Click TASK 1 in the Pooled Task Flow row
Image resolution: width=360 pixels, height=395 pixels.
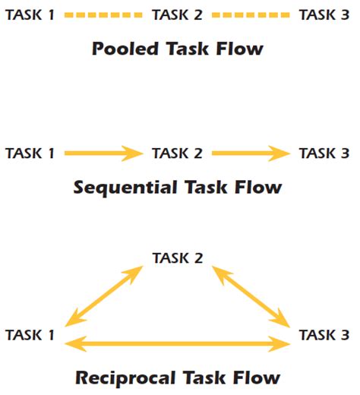[x=30, y=14]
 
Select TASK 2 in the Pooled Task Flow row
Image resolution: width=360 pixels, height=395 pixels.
[x=177, y=14]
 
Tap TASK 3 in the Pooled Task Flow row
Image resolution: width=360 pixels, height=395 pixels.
[x=324, y=14]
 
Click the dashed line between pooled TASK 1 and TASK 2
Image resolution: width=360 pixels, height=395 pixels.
[x=103, y=14]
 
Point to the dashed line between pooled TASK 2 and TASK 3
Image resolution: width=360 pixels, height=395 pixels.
[x=251, y=14]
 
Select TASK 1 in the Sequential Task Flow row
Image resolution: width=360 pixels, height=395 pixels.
[x=30, y=153]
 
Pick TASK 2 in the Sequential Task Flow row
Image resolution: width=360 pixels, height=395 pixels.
[x=177, y=153]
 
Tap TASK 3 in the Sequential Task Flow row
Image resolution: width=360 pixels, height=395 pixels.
[x=324, y=153]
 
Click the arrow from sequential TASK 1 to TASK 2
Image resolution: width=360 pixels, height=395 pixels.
[x=103, y=153]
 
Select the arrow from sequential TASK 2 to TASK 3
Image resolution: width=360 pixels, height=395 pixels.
[x=251, y=153]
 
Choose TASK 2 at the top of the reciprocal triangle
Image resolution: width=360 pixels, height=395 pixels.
[x=178, y=258]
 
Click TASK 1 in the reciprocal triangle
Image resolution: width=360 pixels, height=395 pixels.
[x=30, y=334]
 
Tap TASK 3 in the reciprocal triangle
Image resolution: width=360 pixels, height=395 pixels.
[x=324, y=334]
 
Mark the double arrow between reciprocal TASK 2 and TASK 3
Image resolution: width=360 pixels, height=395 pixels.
[x=251, y=295]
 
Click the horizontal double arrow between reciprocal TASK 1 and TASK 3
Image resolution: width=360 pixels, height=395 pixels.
[x=178, y=344]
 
